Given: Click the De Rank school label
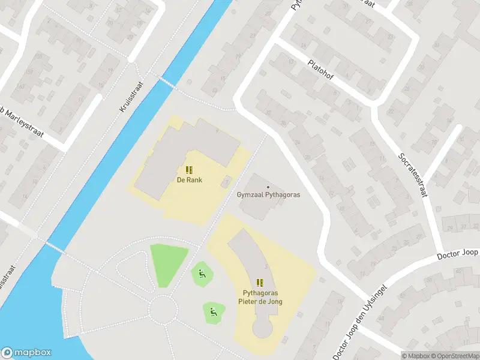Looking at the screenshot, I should pos(188,179).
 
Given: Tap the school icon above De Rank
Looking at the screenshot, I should pos(188,170).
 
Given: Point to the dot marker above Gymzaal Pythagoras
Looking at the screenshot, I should pos(268,187).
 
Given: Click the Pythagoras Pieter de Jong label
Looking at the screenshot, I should pos(260,297).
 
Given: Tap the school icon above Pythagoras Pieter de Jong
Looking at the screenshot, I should pos(260,283).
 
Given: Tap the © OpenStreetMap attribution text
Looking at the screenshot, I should pos(454,356).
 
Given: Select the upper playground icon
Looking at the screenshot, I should pos(202,274).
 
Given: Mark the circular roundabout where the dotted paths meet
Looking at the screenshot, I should pos(163,310).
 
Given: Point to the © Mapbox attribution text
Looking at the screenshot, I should pos(416,356).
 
